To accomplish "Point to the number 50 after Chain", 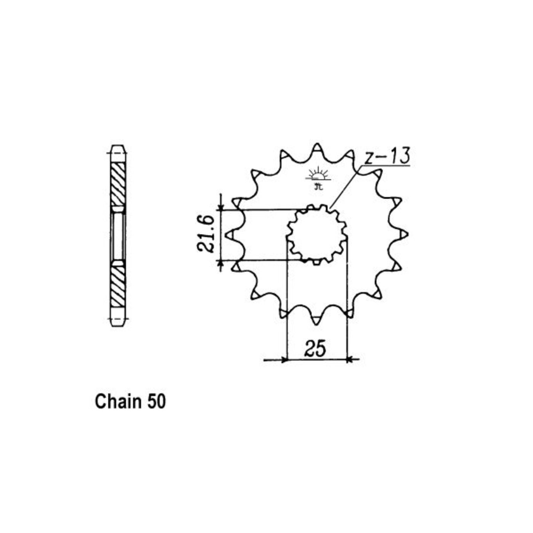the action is coord(156,402).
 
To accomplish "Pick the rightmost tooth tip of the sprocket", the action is coord(408,234).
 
